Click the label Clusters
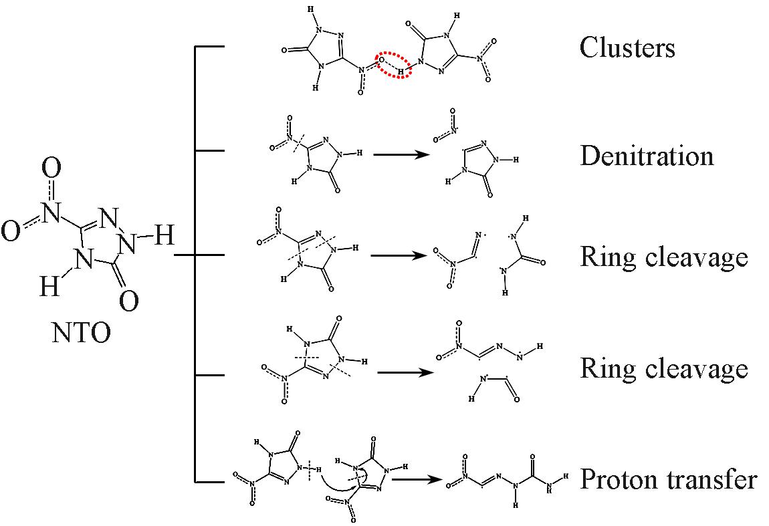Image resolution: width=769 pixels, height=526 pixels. tap(627, 47)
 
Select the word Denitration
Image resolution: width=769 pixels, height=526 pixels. tap(647, 156)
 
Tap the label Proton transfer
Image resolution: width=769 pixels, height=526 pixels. tap(669, 479)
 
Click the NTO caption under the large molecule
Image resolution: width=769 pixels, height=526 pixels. tap(82, 333)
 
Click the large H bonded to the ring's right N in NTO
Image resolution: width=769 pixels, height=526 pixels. tap(164, 235)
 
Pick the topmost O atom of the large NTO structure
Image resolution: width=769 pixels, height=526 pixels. tap(51, 168)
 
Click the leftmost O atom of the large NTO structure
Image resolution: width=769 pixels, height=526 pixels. tap(10, 231)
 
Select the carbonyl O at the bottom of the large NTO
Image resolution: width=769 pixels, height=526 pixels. tap(128, 301)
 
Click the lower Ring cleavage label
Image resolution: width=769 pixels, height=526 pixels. tap(664, 369)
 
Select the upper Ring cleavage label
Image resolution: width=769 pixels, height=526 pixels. tap(664, 257)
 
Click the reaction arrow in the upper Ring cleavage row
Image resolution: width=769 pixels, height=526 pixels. tap(399, 255)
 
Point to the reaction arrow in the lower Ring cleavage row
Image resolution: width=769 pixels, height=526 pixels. tap(406, 372)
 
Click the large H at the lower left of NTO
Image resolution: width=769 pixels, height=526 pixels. tap(49, 285)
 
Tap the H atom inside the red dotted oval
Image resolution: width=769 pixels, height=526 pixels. tap(401, 72)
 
